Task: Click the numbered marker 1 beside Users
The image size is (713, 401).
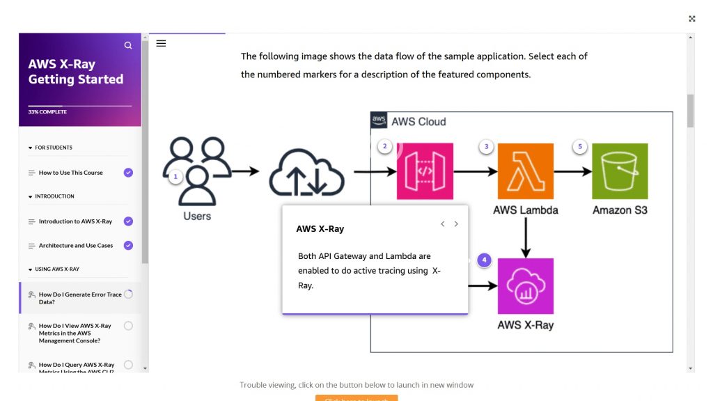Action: [x=175, y=177]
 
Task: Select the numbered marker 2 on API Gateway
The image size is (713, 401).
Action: [x=384, y=146]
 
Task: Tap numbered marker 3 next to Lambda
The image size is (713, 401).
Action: [x=486, y=146]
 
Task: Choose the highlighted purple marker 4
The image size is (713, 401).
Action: [x=485, y=260]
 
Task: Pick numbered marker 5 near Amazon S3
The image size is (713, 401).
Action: [x=580, y=146]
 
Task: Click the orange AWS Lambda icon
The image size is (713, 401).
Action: [x=526, y=171]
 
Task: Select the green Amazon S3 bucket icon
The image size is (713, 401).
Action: [x=620, y=171]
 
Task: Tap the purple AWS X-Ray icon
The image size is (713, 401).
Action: [x=526, y=286]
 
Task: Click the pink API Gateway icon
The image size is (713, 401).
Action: [x=425, y=171]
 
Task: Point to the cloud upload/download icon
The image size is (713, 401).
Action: [x=306, y=173]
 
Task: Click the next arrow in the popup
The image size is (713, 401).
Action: [x=456, y=224]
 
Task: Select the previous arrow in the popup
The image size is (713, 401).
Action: [x=442, y=224]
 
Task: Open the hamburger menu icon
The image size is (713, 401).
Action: [x=161, y=43]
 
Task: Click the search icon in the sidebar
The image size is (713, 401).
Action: [x=128, y=45]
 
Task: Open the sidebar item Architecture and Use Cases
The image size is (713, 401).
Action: [x=76, y=246]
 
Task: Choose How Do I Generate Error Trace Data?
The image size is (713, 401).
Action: [x=79, y=298]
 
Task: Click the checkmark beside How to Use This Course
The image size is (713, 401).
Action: [x=128, y=173]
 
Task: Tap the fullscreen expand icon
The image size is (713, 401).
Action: [x=692, y=19]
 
